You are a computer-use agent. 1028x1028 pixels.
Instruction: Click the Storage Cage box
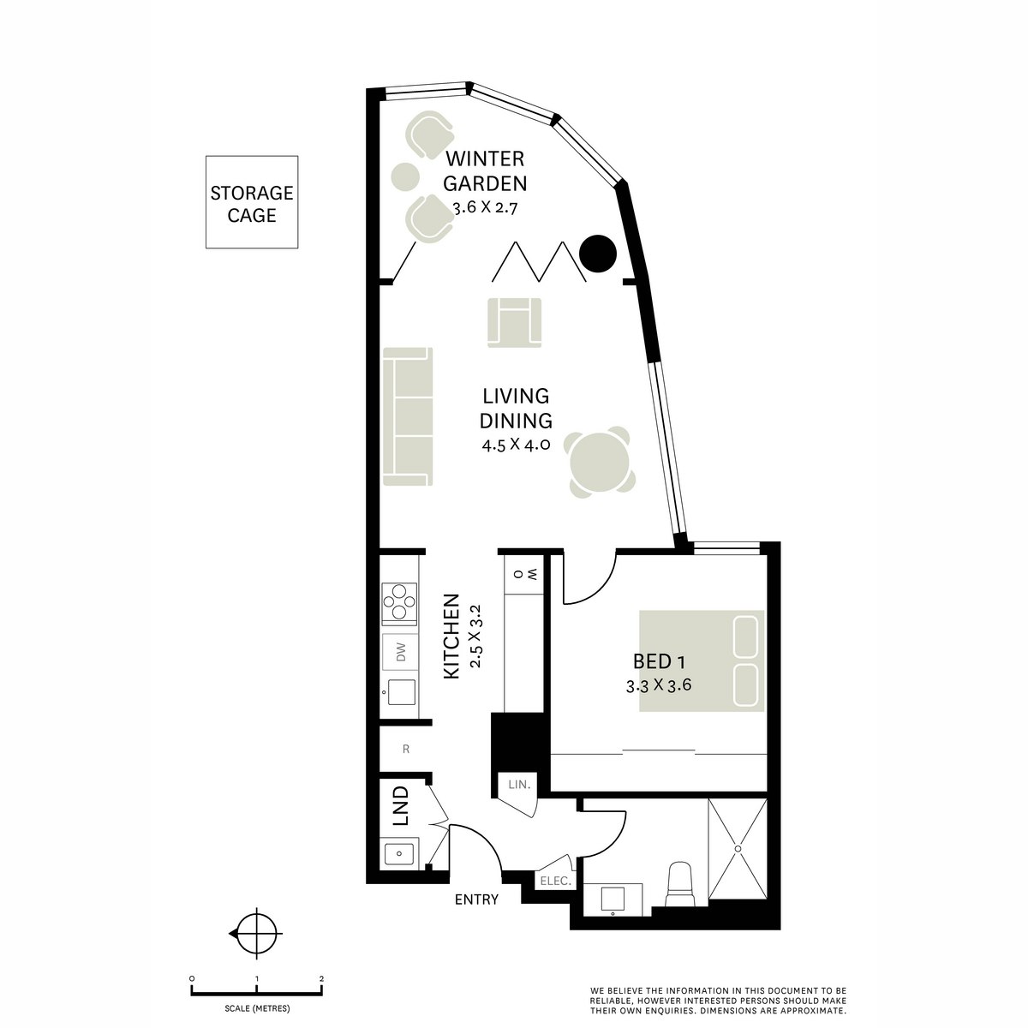click(x=252, y=202)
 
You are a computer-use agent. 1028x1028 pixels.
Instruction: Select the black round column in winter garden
click(x=598, y=254)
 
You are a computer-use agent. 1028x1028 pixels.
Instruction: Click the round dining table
click(x=601, y=462)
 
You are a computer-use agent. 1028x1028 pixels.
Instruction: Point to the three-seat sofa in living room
click(x=408, y=416)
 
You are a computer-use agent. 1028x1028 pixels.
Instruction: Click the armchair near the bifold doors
click(x=514, y=323)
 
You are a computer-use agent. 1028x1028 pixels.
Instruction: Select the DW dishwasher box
click(x=401, y=652)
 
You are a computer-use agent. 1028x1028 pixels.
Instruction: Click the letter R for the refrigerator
click(x=406, y=749)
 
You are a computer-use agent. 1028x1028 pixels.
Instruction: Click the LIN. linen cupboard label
click(x=519, y=785)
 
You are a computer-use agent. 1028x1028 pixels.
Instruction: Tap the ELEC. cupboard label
click(x=556, y=882)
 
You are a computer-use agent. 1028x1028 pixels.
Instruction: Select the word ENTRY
click(x=476, y=899)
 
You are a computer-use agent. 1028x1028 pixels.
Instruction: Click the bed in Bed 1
click(x=702, y=661)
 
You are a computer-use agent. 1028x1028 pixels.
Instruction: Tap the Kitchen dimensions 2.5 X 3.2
click(x=475, y=636)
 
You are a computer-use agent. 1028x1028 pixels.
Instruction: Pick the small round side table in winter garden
click(x=405, y=176)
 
